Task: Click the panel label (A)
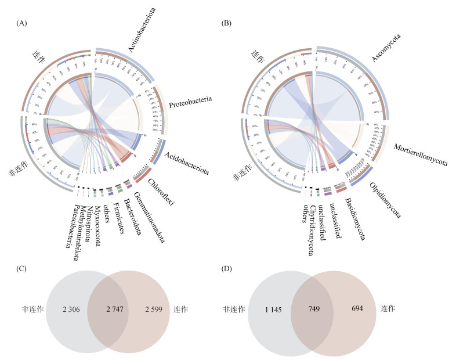pos(22,23)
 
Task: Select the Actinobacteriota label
pos(147,35)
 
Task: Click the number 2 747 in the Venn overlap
pos(111,308)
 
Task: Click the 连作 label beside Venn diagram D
pos(388,308)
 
